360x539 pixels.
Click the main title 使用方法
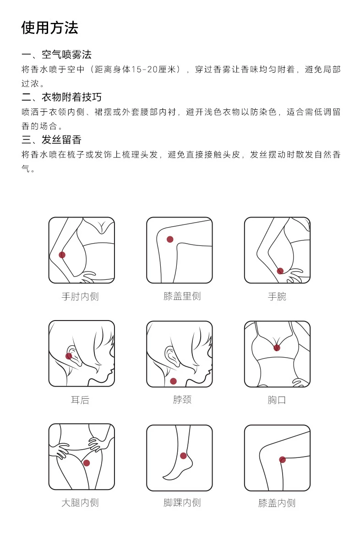click(50, 27)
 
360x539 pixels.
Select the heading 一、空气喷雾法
click(56, 54)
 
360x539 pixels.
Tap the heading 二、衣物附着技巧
click(61, 97)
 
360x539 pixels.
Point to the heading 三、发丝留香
click(52, 140)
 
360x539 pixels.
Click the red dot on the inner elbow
click(62, 255)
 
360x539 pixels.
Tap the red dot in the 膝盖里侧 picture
click(170, 239)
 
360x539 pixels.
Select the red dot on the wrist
click(280, 271)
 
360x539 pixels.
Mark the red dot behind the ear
click(69, 356)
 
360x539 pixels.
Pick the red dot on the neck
click(173, 381)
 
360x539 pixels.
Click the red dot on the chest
click(277, 348)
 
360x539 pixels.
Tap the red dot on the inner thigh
click(87, 463)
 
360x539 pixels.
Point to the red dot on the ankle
click(183, 456)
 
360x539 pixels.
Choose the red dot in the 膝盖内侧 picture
click(282, 460)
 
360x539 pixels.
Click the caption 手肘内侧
click(80, 296)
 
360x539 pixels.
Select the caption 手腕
click(277, 296)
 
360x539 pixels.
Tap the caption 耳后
click(80, 400)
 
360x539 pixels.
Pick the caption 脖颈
click(182, 399)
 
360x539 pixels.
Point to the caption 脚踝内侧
click(182, 502)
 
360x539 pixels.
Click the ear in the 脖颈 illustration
click(172, 356)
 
